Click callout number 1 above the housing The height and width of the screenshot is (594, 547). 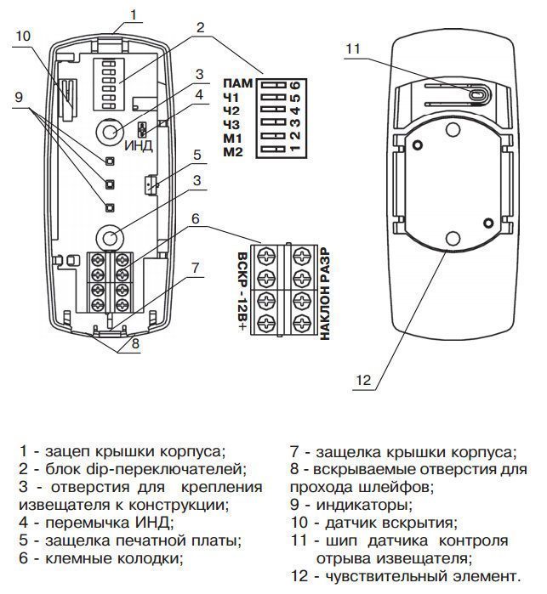click(x=133, y=14)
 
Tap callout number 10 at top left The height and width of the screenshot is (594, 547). click(x=23, y=36)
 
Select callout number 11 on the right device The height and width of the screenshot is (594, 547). click(x=355, y=48)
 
